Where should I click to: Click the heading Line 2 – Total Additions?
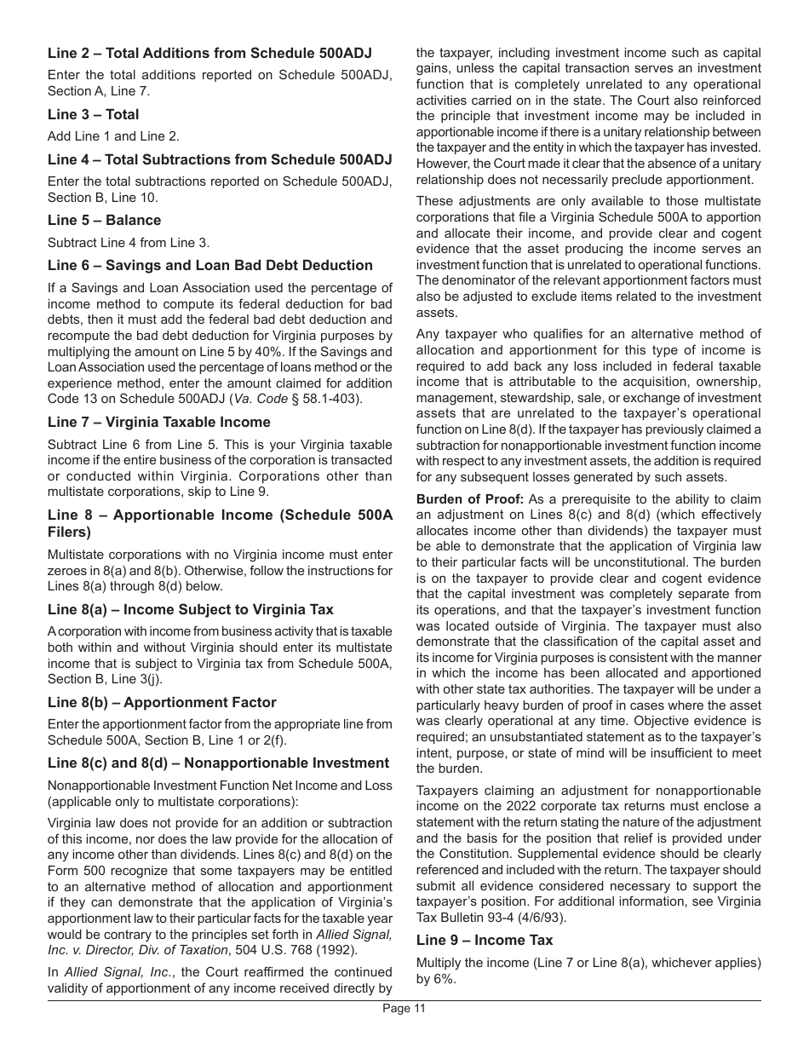pyautogui.click(x=209, y=53)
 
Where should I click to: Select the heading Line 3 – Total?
pyautogui.click(x=93, y=114)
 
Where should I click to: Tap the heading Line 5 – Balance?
pyautogui.click(x=104, y=220)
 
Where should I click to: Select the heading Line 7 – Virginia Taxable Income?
pyautogui.click(x=158, y=422)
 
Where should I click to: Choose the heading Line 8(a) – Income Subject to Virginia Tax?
pyautogui.click(x=190, y=609)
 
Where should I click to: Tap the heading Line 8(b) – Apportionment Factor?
pyautogui.click(x=162, y=702)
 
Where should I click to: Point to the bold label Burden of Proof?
pyautogui.click(x=469, y=499)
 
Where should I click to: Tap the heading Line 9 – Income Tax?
pyautogui.click(x=484, y=940)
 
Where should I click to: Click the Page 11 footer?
pyautogui.click(x=404, y=1009)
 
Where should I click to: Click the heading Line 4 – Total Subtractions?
pyautogui.click(x=220, y=159)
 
